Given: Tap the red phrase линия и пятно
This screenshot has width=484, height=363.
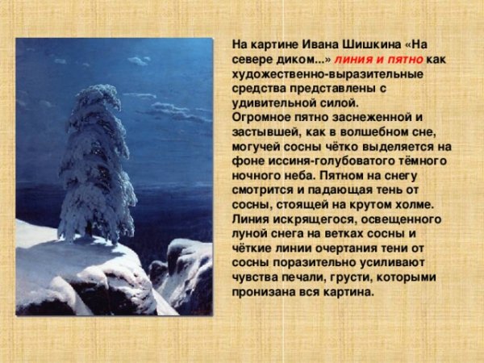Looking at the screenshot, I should pos(378,60).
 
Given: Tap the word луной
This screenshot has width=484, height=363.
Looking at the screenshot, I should pos(251,234).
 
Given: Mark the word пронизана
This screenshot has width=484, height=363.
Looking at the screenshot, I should pos(263,292).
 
